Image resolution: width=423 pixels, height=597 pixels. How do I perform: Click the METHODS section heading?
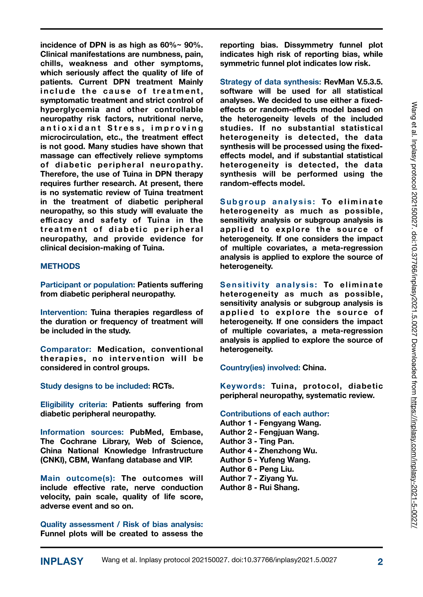[60, 266]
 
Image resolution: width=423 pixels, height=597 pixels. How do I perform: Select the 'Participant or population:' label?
[87, 285]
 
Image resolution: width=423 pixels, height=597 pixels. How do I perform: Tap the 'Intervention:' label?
[63, 312]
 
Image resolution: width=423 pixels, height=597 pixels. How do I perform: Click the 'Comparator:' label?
[66, 350]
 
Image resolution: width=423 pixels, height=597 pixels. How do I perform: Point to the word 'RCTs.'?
[163, 386]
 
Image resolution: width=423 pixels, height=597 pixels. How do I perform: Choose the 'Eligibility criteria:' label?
[74, 405]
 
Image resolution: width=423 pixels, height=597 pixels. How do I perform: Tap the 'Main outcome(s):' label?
[78, 479]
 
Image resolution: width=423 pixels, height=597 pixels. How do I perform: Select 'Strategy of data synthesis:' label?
[270, 82]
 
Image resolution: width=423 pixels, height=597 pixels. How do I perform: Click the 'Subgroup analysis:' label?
[268, 202]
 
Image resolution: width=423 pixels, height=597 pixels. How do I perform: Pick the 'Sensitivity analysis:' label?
[269, 285]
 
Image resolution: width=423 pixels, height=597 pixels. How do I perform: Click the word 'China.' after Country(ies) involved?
[314, 368]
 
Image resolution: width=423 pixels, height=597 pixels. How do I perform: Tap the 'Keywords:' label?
[243, 386]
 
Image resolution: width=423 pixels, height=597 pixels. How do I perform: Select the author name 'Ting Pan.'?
[277, 441]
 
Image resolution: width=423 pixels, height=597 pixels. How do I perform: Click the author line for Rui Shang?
[260, 488]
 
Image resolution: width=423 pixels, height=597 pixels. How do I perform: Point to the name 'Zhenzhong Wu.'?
[288, 451]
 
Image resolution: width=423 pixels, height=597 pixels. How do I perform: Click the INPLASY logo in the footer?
[62, 562]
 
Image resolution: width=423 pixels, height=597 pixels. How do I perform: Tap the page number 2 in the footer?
[380, 562]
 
